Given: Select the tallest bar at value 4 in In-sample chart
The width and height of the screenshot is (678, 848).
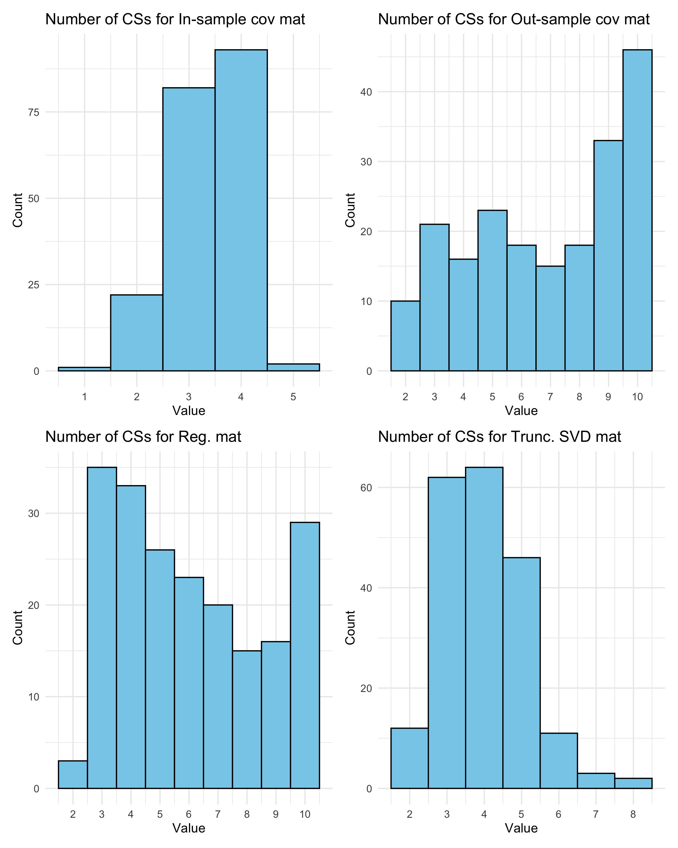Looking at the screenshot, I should coord(241,210).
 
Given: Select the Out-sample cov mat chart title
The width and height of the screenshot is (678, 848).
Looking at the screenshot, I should coord(514,19).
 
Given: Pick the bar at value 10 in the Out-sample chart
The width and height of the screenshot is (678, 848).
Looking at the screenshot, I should coord(637,210).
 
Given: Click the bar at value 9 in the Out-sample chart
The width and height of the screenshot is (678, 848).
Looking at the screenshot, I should coord(608,256).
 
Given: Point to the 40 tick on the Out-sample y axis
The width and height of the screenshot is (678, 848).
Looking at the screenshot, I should coord(366,92).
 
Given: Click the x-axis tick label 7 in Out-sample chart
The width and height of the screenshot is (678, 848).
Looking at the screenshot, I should coord(550,397).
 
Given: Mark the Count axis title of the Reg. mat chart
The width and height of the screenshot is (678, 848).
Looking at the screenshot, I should coord(18,628).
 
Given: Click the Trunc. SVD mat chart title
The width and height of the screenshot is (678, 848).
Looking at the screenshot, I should coord(499,437).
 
